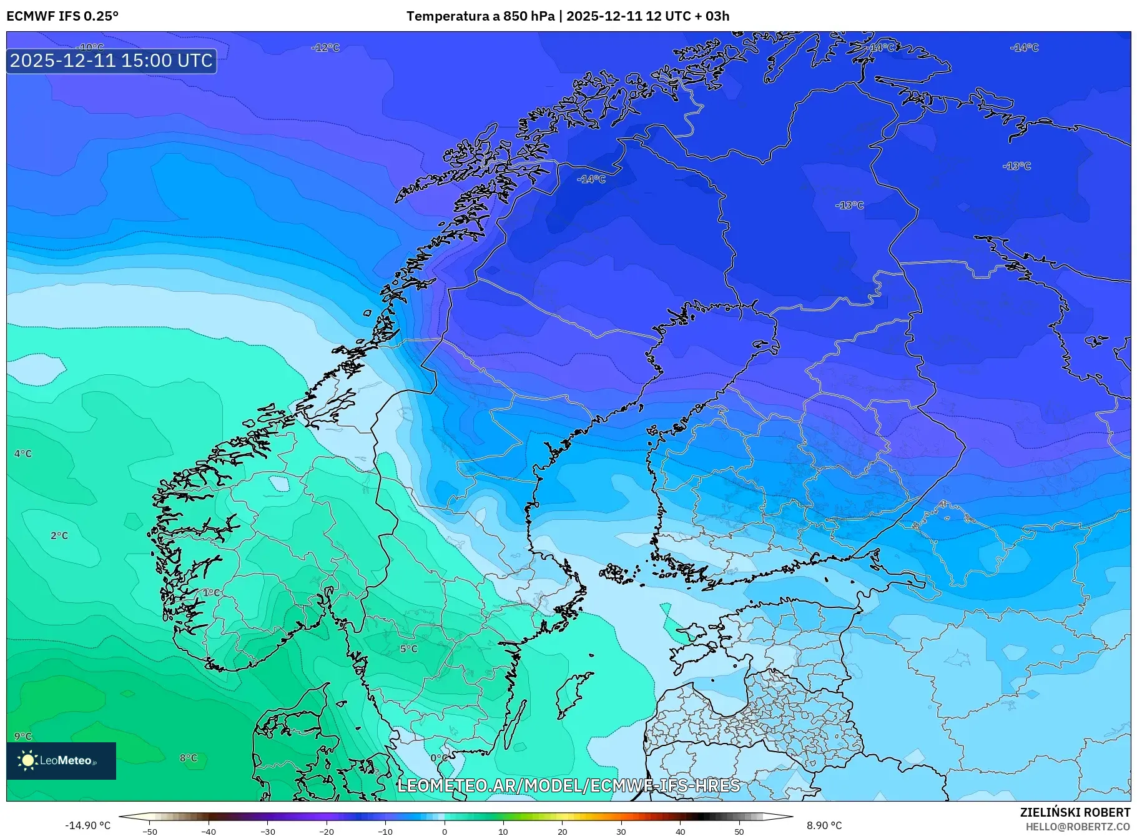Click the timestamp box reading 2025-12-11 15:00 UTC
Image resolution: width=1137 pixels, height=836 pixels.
(x=111, y=61)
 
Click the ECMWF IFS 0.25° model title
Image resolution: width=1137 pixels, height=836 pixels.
(x=62, y=16)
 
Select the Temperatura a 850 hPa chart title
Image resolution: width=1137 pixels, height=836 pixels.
(x=568, y=16)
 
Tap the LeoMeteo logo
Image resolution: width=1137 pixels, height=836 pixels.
(x=61, y=760)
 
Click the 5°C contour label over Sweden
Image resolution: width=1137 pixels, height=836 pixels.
(x=409, y=649)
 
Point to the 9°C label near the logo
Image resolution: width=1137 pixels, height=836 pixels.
(x=23, y=736)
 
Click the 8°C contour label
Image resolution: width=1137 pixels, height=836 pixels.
(x=189, y=758)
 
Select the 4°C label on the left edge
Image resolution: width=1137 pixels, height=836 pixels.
(x=23, y=454)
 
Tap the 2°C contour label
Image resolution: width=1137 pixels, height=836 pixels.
(x=59, y=535)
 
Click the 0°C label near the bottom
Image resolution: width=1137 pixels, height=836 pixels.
(x=439, y=758)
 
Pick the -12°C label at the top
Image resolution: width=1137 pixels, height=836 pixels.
(x=325, y=47)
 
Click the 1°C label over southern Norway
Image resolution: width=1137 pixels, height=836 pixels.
(x=211, y=592)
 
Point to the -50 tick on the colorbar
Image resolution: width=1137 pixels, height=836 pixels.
(x=150, y=831)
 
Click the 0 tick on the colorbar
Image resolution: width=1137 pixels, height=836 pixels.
(x=445, y=831)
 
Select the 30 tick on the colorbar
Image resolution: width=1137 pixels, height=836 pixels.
(x=621, y=831)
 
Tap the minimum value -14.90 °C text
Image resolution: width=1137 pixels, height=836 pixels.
(x=88, y=825)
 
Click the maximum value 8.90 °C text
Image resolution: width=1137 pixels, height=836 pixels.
(x=824, y=825)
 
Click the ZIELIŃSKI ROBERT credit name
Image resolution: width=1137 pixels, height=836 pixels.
(x=1075, y=812)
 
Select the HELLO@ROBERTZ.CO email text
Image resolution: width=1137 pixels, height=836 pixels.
(x=1078, y=827)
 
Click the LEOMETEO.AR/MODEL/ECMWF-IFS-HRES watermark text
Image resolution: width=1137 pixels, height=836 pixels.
(x=568, y=785)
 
